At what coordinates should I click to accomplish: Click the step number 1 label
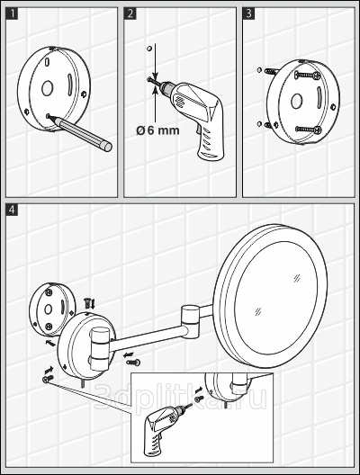(x=12, y=13)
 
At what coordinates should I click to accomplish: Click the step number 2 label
(x=130, y=13)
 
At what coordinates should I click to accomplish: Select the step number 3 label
(x=248, y=13)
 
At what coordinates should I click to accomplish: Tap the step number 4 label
(x=12, y=210)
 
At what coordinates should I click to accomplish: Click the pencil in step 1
(x=80, y=132)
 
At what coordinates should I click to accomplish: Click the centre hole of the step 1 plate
(x=48, y=88)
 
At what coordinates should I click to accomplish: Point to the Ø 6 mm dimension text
(x=157, y=130)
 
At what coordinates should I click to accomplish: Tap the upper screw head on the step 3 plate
(x=318, y=74)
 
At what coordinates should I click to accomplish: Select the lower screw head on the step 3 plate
(x=318, y=130)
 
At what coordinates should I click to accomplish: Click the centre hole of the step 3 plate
(x=296, y=101)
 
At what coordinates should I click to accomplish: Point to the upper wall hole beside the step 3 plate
(x=259, y=70)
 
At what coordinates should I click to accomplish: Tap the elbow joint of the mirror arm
(x=190, y=322)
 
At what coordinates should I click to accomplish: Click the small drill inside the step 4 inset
(x=166, y=428)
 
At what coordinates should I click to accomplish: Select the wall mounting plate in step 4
(x=52, y=309)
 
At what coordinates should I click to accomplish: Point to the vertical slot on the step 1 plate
(x=69, y=84)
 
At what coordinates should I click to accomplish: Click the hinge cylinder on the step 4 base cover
(x=99, y=348)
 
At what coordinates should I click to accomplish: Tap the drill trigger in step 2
(x=200, y=130)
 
